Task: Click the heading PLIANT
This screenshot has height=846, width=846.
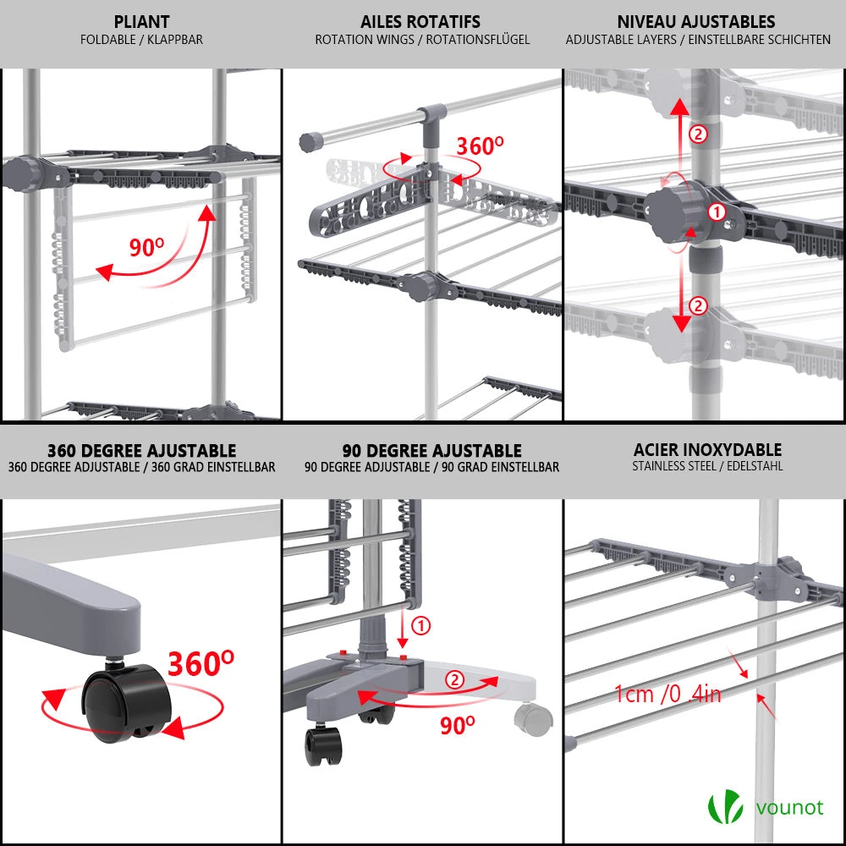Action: (141, 22)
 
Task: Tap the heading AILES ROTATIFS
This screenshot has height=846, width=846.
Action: (420, 22)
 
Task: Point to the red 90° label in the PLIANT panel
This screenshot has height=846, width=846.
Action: (146, 248)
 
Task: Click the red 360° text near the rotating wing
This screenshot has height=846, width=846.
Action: (480, 146)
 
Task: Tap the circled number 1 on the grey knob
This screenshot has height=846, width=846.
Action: (716, 212)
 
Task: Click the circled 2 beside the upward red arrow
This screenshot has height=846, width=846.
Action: (697, 134)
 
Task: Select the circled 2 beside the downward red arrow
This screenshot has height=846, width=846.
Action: (697, 306)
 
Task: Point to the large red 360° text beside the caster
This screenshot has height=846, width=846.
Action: (201, 664)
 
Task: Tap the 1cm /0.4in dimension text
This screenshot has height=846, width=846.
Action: (667, 695)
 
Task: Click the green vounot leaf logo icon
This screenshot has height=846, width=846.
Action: (724, 805)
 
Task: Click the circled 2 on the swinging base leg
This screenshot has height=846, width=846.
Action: (455, 679)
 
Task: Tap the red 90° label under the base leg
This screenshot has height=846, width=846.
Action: (457, 724)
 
